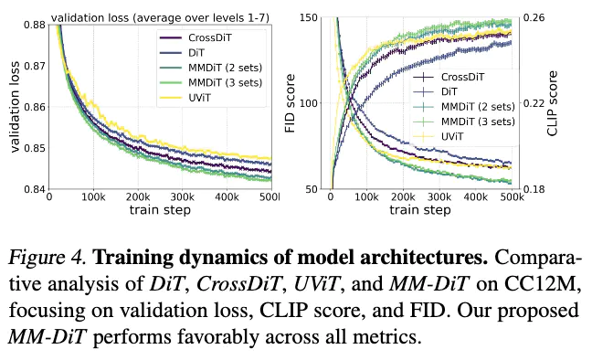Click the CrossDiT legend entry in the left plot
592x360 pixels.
point(196,37)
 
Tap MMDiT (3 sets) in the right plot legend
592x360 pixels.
point(463,122)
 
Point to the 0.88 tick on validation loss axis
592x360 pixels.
point(35,25)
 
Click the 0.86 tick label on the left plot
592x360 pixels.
point(35,107)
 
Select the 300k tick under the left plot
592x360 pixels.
point(183,196)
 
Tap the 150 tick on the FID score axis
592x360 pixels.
point(309,17)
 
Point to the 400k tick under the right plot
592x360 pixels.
point(476,196)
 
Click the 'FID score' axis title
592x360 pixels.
point(290,103)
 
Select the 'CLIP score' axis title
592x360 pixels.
point(552,103)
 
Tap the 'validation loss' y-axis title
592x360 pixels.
point(15,107)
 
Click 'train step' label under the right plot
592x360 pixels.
point(420,210)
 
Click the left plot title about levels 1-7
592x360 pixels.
point(161,17)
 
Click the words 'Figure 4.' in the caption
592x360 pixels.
point(47,258)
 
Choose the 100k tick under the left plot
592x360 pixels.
point(93,196)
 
